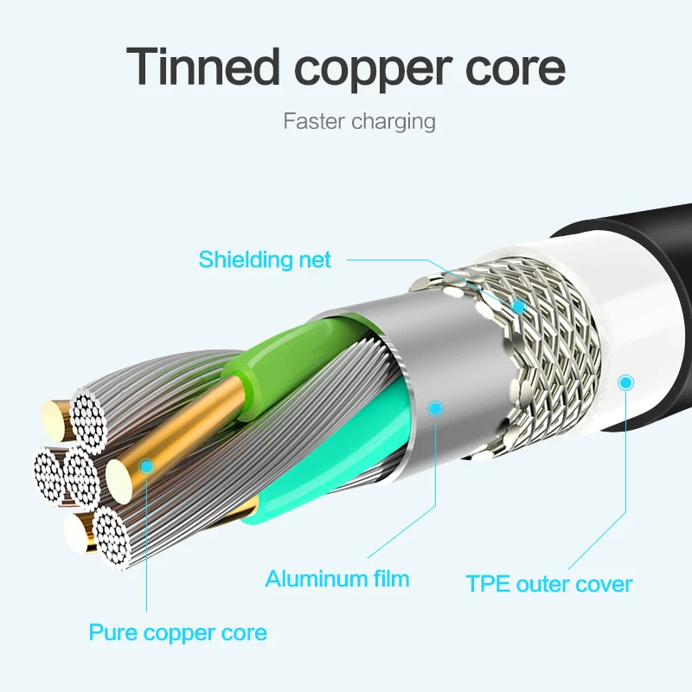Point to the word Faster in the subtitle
pyautogui.click(x=314, y=120)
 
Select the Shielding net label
pyautogui.click(x=265, y=259)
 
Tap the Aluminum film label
pyautogui.click(x=337, y=578)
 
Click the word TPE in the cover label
pyautogui.click(x=488, y=583)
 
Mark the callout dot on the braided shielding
pyautogui.click(x=519, y=305)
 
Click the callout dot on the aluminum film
pyautogui.click(x=435, y=407)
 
